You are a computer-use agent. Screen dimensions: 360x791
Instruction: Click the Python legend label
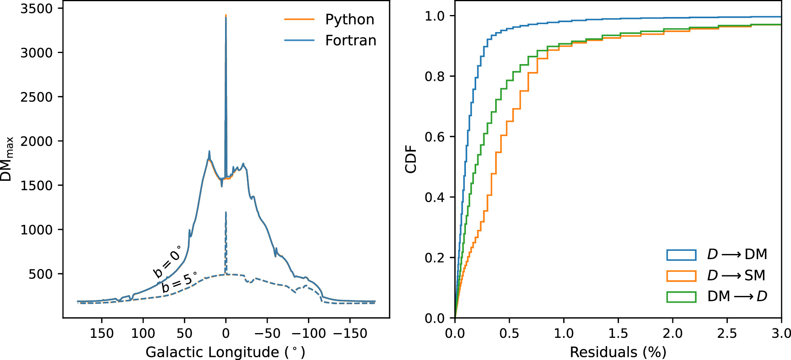[x=349, y=19]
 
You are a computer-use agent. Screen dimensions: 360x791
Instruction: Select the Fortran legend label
[x=350, y=40]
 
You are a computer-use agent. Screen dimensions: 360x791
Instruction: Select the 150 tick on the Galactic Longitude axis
[x=102, y=333]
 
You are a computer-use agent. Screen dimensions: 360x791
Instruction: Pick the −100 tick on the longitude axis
[x=308, y=333]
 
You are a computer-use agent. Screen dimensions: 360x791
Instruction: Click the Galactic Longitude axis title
[x=225, y=352]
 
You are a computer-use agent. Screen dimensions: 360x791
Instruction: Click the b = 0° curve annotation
[x=167, y=261]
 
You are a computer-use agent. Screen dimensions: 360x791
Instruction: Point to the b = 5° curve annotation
[x=179, y=282]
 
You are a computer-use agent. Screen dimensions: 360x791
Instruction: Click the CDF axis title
[x=411, y=159]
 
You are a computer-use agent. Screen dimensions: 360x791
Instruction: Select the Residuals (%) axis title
[x=618, y=352]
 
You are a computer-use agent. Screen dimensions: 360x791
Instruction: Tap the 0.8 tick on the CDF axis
[x=434, y=76]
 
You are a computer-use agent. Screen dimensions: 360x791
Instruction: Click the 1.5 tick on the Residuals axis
[x=618, y=333]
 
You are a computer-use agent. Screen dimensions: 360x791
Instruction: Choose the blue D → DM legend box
[x=681, y=255]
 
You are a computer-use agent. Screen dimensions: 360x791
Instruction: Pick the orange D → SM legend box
[x=681, y=276]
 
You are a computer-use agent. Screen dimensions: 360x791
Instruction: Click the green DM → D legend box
[x=681, y=297]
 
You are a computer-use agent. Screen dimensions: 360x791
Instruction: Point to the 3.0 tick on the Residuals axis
[x=781, y=333]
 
